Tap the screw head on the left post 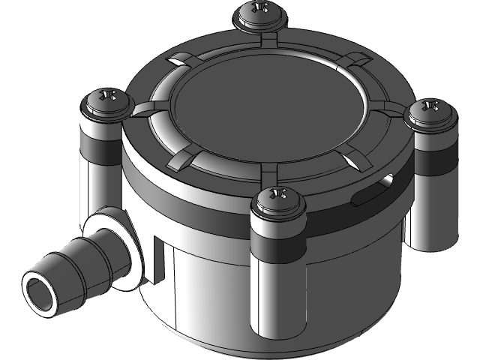tap(106, 99)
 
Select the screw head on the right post tap(430, 109)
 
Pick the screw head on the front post tap(278, 199)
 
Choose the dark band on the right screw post tap(433, 159)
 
